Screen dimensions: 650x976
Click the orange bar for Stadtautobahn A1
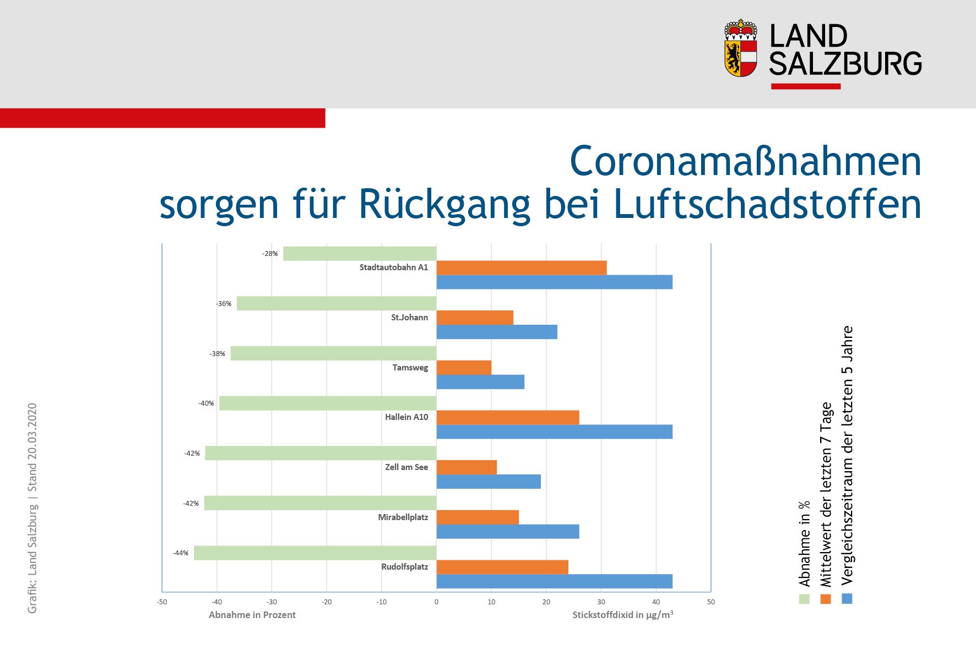pyautogui.click(x=521, y=267)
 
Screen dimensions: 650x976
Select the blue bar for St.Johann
pyautogui.click(x=496, y=332)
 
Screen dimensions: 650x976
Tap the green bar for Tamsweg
pyautogui.click(x=333, y=353)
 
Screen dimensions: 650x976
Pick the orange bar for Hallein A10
pyautogui.click(x=507, y=417)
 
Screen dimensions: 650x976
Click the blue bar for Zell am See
pyautogui.click(x=488, y=482)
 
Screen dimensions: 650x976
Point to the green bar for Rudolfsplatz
pyautogui.click(x=315, y=553)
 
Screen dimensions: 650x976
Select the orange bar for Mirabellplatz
pyautogui.click(x=477, y=517)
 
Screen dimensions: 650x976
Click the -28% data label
pyautogui.click(x=270, y=254)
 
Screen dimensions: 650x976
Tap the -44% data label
pyautogui.click(x=181, y=553)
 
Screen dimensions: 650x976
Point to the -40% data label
pyautogui.click(x=206, y=403)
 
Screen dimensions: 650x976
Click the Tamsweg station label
pyautogui.click(x=410, y=368)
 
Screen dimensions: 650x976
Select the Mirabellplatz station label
pyautogui.click(x=403, y=517)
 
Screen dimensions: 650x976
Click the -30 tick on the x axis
pyautogui.click(x=272, y=602)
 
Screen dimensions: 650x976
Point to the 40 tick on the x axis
pyautogui.click(x=656, y=602)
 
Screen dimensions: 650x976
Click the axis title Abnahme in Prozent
pyautogui.click(x=252, y=615)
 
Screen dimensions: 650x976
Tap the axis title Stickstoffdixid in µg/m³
pyautogui.click(x=622, y=615)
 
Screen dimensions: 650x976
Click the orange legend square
pyautogui.click(x=825, y=599)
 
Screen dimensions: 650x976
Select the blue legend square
pyautogui.click(x=847, y=599)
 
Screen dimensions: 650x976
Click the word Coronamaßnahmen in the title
pyautogui.click(x=745, y=162)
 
